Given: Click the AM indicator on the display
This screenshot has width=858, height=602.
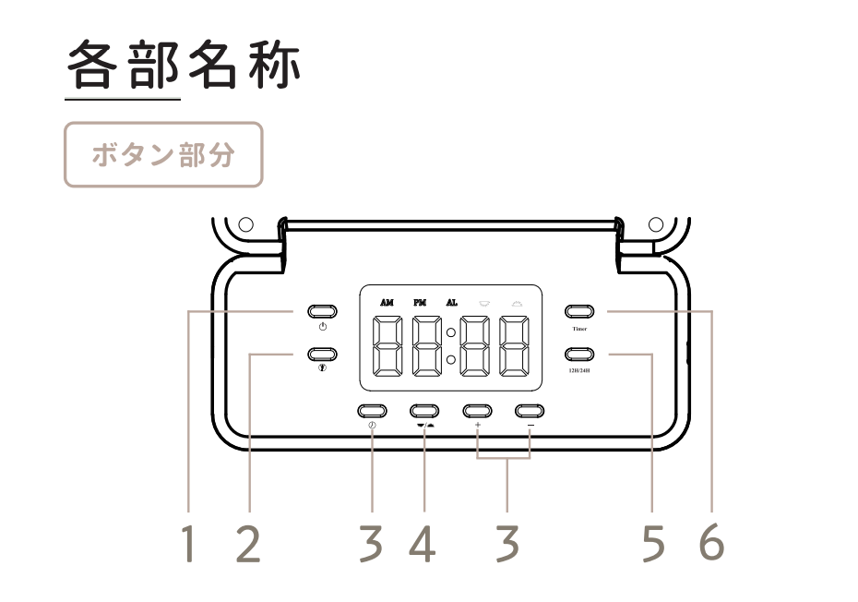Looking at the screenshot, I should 387,303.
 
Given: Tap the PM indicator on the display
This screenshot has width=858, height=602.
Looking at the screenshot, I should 420,303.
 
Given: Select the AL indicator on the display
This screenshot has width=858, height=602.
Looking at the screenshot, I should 451,303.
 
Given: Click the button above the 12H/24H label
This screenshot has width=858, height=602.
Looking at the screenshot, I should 579,354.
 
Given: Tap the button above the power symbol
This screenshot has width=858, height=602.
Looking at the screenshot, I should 320,311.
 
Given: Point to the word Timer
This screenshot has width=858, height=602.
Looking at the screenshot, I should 578,328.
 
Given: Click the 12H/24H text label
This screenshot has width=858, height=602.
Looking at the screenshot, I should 579,370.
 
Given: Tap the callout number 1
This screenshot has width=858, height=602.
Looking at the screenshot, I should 188,546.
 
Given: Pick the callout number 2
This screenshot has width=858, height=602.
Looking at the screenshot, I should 247,546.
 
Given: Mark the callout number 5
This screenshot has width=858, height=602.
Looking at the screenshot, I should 652,546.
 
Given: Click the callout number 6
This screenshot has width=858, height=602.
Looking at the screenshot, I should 711,546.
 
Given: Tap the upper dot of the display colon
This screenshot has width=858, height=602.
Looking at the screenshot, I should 451,331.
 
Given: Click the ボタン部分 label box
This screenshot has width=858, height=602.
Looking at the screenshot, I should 162,154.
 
